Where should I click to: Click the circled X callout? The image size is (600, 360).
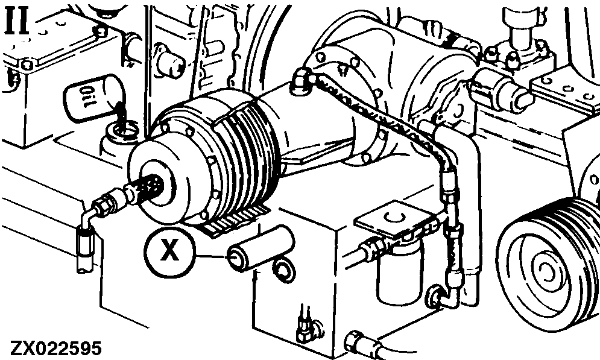coord(169,251)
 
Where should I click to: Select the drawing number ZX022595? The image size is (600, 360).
coord(56,348)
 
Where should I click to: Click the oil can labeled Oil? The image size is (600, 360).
coord(93,98)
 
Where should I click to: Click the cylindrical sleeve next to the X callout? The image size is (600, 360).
coord(261,248)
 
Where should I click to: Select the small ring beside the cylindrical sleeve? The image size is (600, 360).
coord(283,270)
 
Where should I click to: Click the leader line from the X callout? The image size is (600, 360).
coord(211,256)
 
